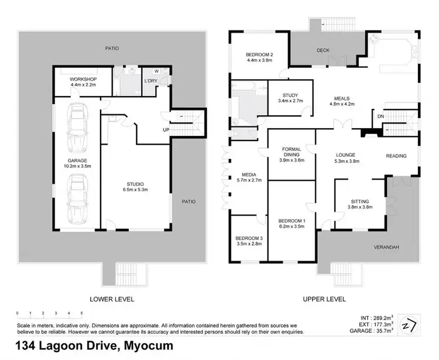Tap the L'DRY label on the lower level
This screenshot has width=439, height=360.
152,80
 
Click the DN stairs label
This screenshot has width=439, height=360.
380,116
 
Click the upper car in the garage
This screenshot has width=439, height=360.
77,128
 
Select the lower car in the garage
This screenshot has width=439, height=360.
77,200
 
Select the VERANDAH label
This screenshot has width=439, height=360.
386,248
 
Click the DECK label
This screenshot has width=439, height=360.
324,50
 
